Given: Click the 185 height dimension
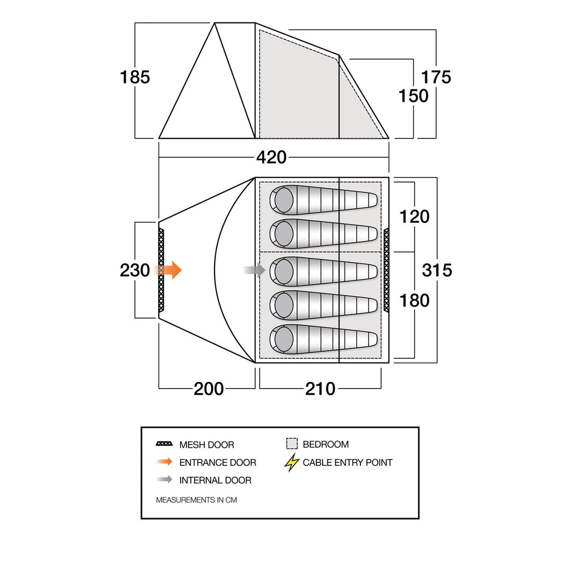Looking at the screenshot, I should coord(135,77).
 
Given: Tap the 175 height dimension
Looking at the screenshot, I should coord(436,77).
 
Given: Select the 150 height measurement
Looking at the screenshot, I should coord(414,96).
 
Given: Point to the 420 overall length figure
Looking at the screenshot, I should coord(272,157).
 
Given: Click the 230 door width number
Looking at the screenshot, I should coord(135,271).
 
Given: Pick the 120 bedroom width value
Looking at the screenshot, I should coord(414,216).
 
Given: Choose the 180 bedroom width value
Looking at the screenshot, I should coord(414,300).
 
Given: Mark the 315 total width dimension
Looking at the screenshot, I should coord(437,271).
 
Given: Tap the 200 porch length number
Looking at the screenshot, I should coord(209,389).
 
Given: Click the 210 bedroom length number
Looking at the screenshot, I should coord(320,389).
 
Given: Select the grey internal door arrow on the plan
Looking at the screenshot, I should coord(255,270).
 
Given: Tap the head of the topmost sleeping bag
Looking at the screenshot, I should coord(284,200).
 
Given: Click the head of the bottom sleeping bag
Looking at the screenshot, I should coord(284,339).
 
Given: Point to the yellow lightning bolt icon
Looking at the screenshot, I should coord(292,462).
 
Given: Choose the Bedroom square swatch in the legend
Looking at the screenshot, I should coord(292,444).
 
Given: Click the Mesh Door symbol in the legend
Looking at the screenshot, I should coord(164,444).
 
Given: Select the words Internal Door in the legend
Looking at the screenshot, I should coord(215,480).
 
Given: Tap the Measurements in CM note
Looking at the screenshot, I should coord(196,500).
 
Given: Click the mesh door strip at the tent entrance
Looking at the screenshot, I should coord(161,271).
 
